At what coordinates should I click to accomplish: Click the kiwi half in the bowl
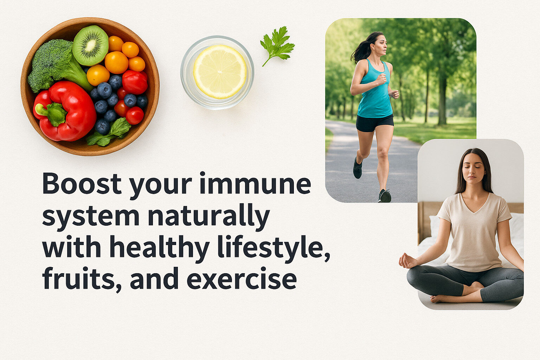pos(90,45)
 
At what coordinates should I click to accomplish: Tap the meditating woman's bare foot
pos(439,298)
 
